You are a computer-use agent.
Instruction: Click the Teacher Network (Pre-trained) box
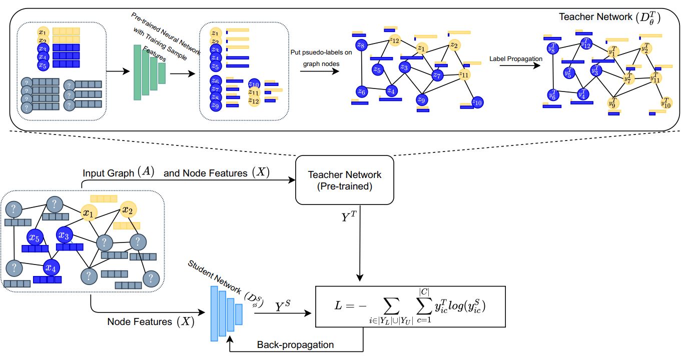point(344,180)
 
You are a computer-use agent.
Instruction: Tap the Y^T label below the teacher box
point(349,218)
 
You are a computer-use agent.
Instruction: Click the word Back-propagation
point(295,345)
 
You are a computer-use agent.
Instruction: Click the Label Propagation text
point(516,59)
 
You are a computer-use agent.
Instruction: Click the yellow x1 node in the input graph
point(89,213)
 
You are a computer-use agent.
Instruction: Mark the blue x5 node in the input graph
point(35,237)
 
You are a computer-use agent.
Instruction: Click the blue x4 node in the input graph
point(51,268)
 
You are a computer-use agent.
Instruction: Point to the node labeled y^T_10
point(665,102)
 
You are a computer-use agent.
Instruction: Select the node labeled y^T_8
point(552,49)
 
